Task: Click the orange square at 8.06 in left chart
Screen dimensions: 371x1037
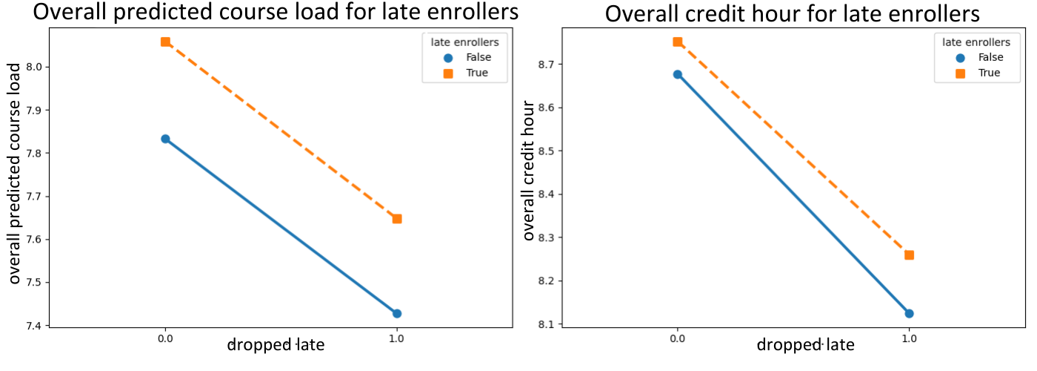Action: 165,42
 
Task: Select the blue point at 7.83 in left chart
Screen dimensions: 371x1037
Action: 165,139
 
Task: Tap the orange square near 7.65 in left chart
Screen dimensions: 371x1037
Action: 397,219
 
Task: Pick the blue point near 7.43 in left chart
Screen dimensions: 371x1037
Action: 397,313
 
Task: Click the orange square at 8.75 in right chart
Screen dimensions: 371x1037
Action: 677,42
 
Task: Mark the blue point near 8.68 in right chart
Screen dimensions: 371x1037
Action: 677,74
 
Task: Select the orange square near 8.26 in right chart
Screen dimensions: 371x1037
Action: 909,255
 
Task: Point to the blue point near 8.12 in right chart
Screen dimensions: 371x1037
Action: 909,313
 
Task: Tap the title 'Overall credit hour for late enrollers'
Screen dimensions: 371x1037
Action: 793,13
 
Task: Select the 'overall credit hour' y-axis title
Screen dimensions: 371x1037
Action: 529,174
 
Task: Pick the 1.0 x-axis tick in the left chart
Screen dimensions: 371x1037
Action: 397,338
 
